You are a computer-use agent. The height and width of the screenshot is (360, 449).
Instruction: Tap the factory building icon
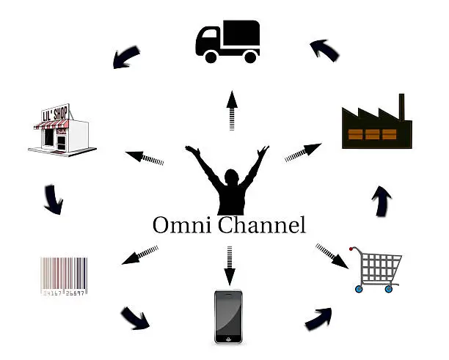tap(376, 126)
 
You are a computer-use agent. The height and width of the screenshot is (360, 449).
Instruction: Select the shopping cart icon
tap(379, 268)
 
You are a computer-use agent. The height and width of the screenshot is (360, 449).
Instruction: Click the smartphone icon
tap(228, 316)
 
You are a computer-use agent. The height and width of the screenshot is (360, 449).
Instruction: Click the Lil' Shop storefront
tap(62, 131)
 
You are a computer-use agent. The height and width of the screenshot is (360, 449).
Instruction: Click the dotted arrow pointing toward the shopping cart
tap(332, 257)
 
